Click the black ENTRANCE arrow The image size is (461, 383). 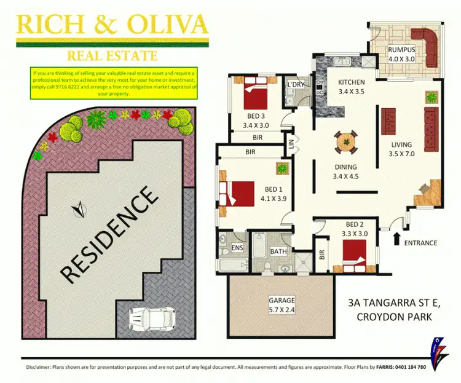coord(396,239)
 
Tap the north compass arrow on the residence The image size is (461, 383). coord(78,210)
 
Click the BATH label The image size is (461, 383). coord(278,251)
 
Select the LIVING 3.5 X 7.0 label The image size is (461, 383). coord(401,150)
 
